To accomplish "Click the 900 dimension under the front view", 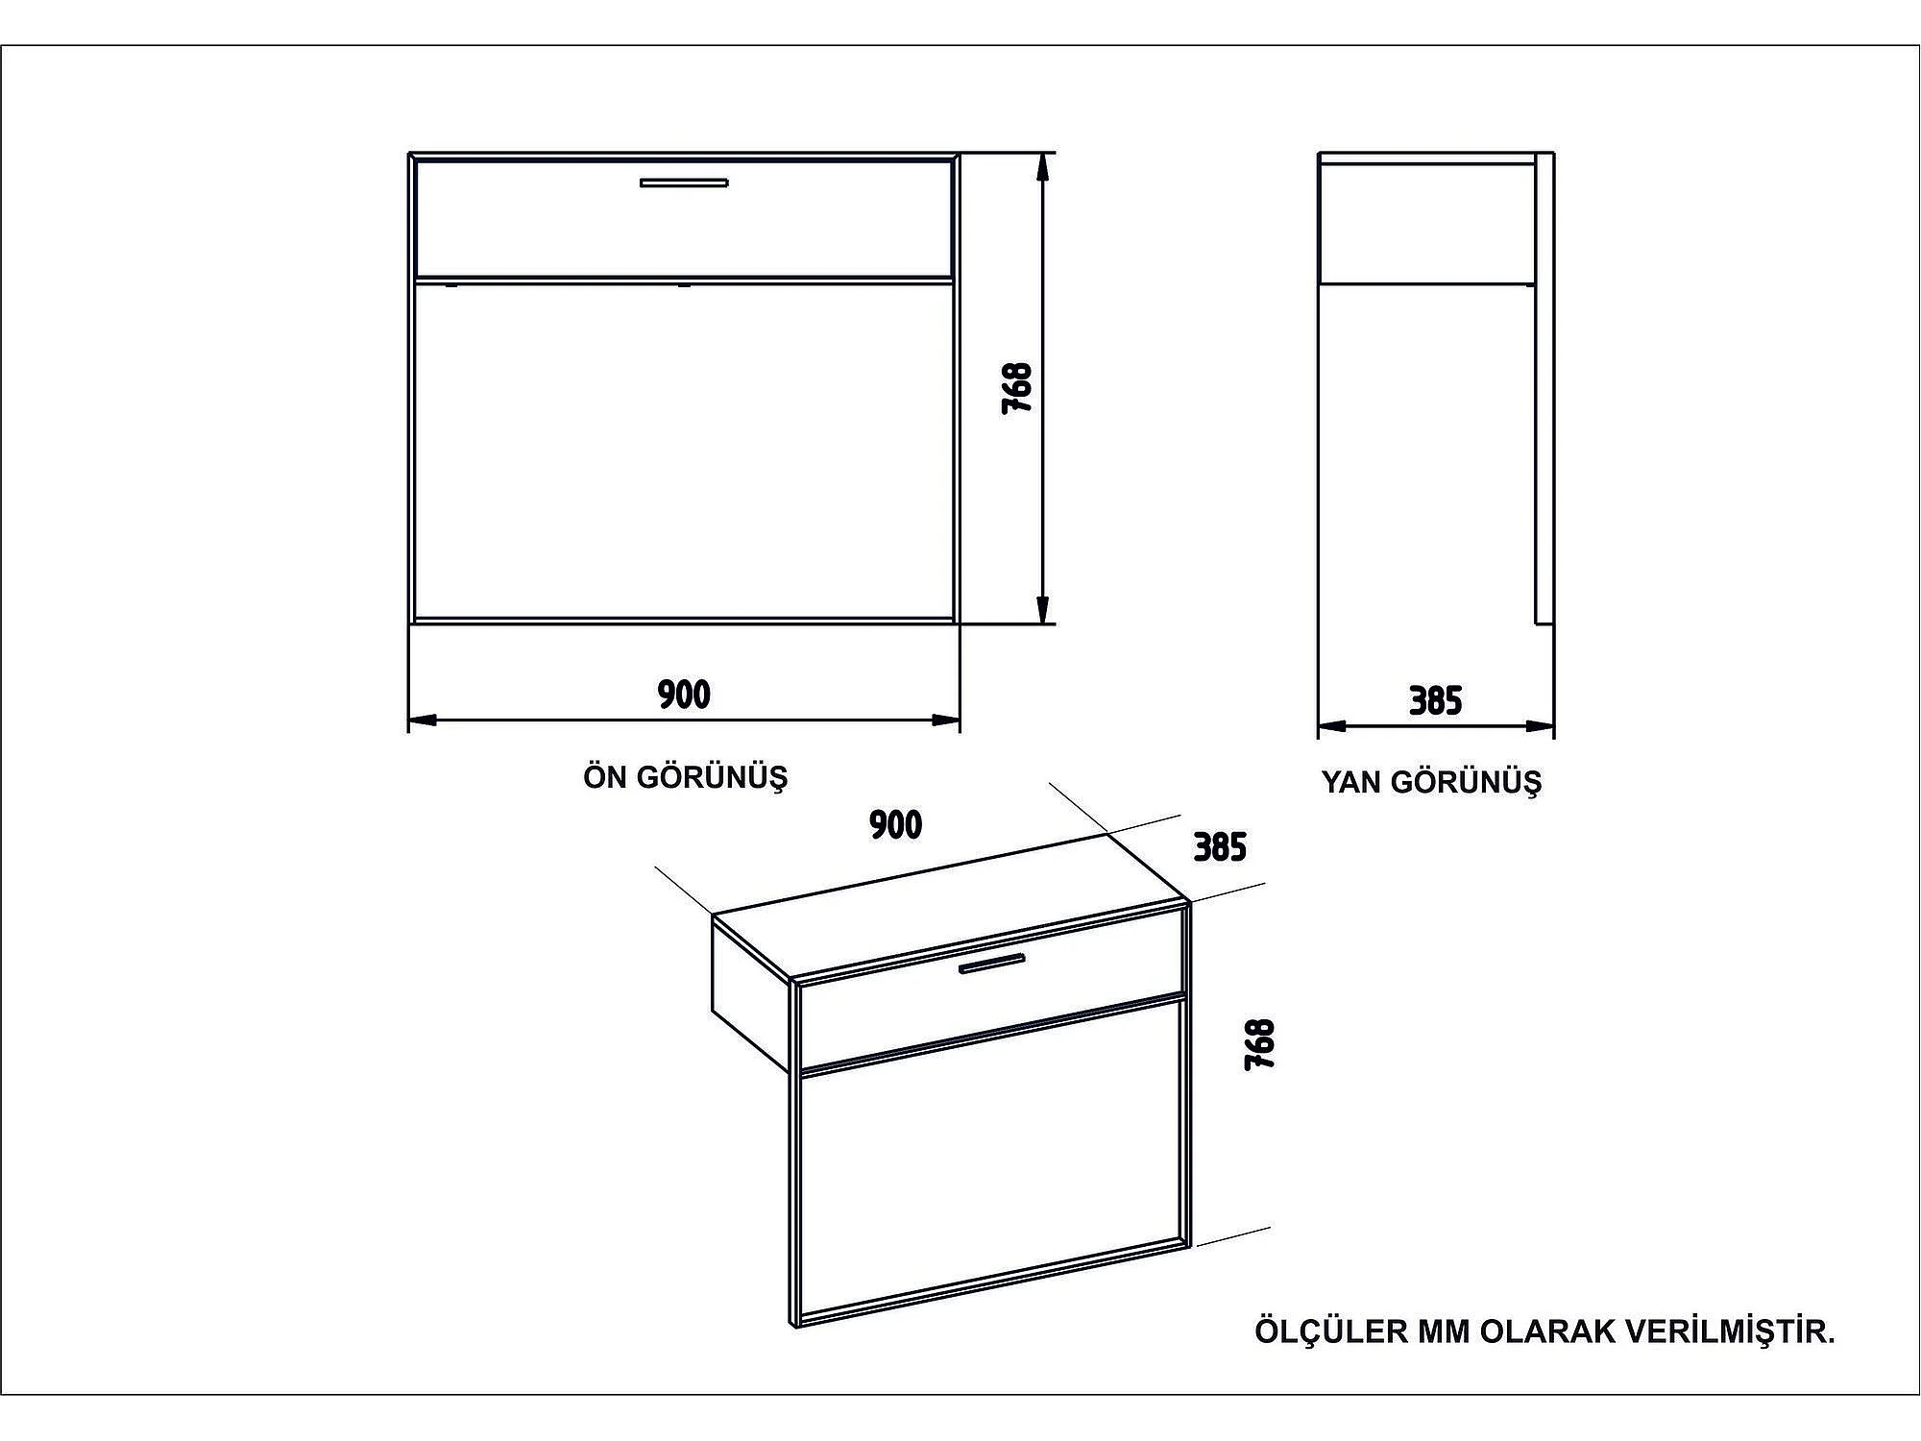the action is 684,694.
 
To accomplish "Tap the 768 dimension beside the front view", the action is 1016,387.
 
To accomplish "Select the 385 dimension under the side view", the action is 1435,701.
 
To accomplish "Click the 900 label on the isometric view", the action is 895,824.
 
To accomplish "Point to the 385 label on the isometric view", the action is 1220,846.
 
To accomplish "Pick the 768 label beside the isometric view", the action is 1259,1044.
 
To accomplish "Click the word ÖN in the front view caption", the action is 605,777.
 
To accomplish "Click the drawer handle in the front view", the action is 684,183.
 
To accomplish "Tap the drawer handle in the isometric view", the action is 991,964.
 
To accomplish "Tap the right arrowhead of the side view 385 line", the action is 1543,726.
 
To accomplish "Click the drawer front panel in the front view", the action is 684,231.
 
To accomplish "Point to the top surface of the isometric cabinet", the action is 951,908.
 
